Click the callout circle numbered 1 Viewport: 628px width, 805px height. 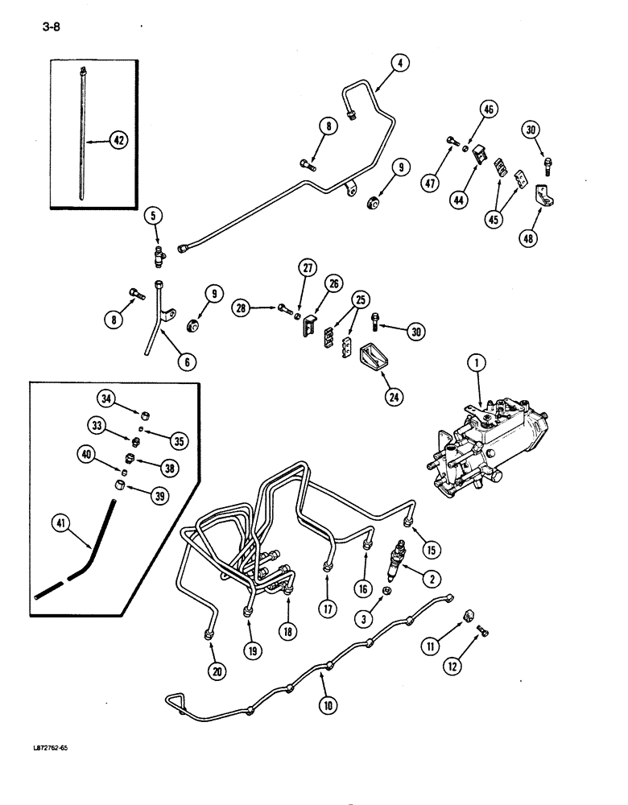click(477, 365)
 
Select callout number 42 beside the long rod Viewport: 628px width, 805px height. click(119, 141)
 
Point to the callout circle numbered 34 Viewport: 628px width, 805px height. click(106, 397)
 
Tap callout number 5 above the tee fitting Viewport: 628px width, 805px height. click(154, 216)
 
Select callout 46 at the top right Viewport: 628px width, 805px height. click(490, 109)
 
